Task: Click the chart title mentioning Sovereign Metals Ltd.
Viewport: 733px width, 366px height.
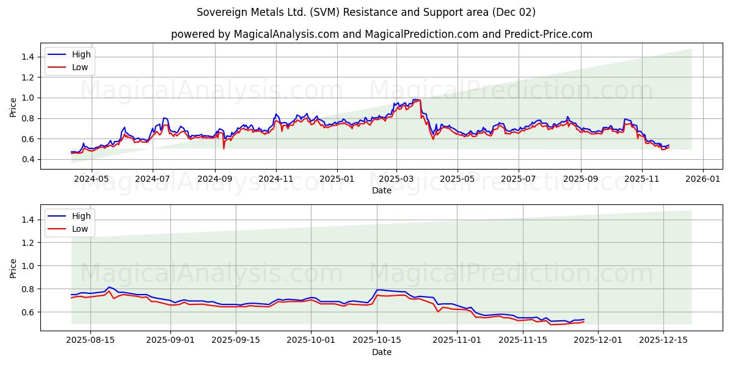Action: (366, 12)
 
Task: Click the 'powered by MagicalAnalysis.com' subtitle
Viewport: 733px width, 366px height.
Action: (381, 34)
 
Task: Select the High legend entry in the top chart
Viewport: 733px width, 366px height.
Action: (81, 54)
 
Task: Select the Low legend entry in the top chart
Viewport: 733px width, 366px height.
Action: (80, 67)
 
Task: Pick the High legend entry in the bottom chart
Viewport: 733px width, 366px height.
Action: (81, 216)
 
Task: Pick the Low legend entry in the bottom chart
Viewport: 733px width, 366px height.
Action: (80, 229)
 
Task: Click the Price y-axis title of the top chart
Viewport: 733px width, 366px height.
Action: (13, 107)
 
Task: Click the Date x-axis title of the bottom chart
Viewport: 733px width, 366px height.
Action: (381, 353)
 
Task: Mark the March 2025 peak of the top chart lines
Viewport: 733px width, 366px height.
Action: (417, 100)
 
